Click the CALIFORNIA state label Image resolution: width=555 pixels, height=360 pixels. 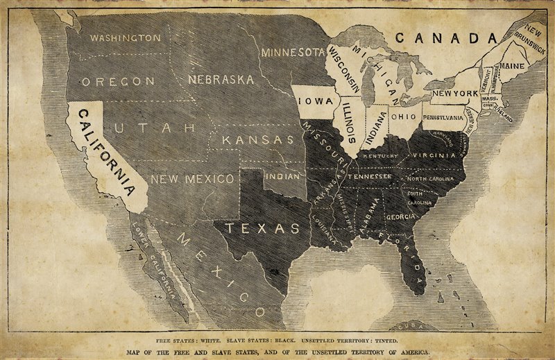point(106,153)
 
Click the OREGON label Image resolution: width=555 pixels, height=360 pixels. point(118,81)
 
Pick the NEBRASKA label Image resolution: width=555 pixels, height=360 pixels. point(221,79)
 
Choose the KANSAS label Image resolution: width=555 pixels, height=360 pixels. point(258,139)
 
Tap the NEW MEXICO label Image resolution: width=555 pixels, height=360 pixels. point(192,179)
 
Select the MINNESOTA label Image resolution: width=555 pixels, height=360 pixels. point(293,52)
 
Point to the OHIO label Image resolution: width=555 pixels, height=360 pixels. point(404,117)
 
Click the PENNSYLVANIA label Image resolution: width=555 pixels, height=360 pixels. point(443,117)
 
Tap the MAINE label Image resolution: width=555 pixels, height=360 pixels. point(512,66)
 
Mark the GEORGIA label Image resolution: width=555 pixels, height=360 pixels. point(401,216)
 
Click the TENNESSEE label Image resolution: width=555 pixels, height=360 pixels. point(370,176)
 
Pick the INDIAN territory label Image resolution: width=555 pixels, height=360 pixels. point(282,176)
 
